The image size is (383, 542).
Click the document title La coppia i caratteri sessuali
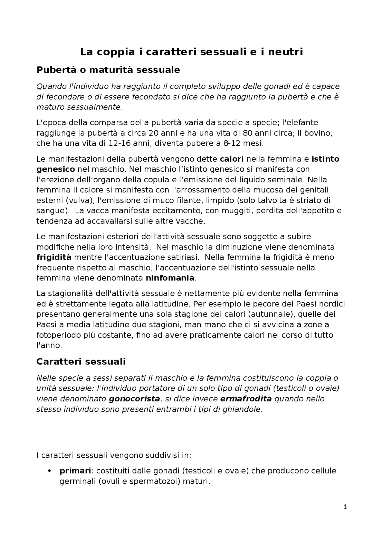(191, 52)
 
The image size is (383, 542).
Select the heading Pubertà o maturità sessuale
(108, 70)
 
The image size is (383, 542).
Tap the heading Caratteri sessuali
(81, 362)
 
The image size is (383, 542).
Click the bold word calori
(232, 159)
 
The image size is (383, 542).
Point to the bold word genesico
(56, 169)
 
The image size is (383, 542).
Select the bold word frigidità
(54, 257)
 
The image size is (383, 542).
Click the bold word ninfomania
(170, 278)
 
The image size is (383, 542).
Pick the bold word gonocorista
(134, 399)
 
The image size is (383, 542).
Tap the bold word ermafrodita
(246, 399)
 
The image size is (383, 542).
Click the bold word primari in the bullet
(75, 471)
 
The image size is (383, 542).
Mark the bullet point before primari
(50, 471)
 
